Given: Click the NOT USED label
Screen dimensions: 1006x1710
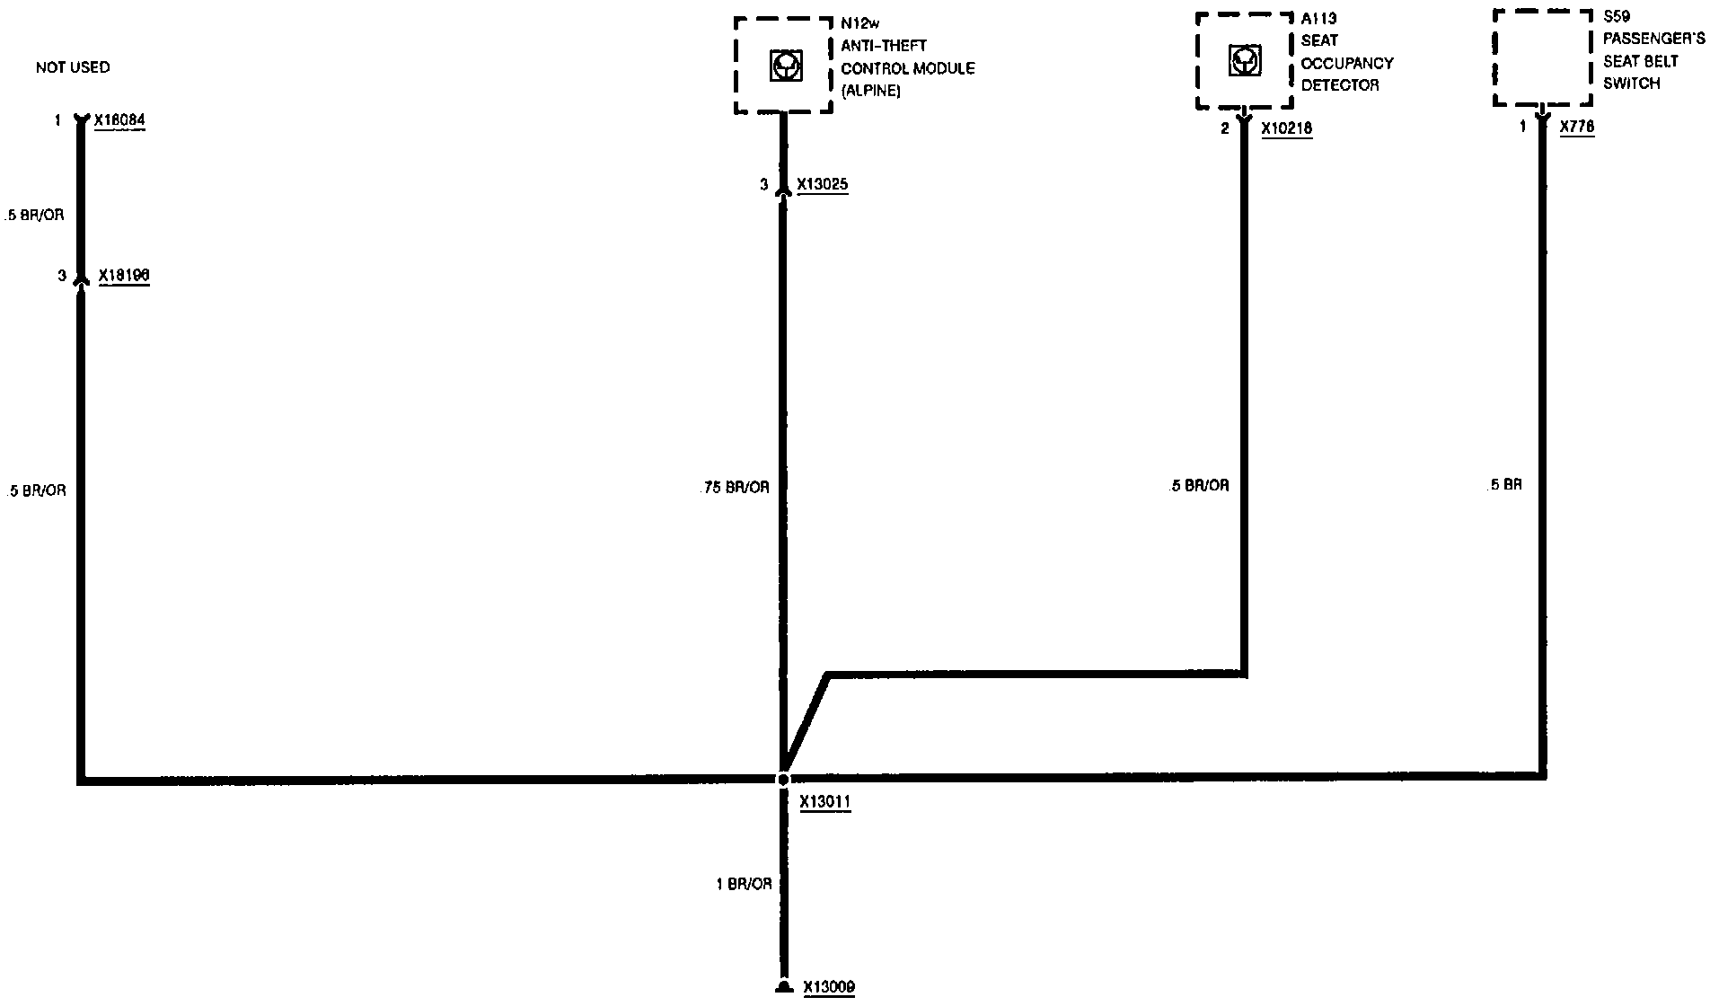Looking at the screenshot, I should [73, 67].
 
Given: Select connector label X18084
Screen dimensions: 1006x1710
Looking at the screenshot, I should [119, 119].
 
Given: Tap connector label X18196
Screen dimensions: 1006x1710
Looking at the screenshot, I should [124, 276].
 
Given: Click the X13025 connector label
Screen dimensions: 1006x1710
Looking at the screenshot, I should [822, 184].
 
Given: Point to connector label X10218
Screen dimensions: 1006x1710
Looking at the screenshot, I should [1286, 128].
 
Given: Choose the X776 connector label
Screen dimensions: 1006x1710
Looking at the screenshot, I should [1577, 128].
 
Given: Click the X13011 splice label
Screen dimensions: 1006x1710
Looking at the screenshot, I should [824, 802].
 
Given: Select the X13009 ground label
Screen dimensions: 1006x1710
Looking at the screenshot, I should [828, 987].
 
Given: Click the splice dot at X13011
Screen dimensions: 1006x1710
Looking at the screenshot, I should [783, 779].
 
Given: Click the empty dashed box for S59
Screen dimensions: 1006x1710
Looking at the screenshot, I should [1541, 58].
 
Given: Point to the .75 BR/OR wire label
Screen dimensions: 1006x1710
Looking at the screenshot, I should [734, 488].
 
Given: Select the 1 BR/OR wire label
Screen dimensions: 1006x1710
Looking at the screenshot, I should [744, 884].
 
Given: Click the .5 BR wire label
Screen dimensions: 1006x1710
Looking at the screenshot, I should [1505, 485].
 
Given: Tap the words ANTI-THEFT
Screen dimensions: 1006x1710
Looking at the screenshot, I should [884, 46].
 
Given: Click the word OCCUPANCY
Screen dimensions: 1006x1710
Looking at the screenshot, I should [1347, 63].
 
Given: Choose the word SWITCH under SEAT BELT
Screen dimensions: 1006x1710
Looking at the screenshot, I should [1632, 84].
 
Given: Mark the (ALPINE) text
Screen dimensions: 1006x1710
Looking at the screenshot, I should [870, 91].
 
